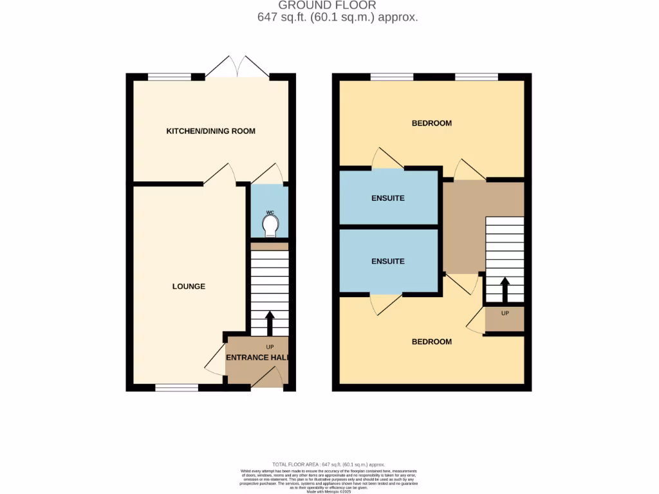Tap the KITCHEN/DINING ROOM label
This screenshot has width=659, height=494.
(x=210, y=131)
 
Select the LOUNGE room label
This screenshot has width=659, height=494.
(x=189, y=286)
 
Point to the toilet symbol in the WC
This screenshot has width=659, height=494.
(x=270, y=224)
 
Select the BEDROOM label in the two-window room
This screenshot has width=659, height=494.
(x=431, y=123)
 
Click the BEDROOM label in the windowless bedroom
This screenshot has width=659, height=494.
(x=431, y=342)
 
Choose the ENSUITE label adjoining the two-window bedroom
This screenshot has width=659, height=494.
(x=388, y=198)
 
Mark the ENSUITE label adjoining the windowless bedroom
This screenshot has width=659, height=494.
(x=388, y=261)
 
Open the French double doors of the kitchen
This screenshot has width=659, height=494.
(x=237, y=67)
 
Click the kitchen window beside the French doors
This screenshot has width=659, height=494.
(x=169, y=77)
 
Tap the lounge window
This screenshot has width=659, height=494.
(x=176, y=388)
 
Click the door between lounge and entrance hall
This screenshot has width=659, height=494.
(x=215, y=363)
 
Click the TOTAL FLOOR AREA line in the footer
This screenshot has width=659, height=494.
(x=329, y=464)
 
